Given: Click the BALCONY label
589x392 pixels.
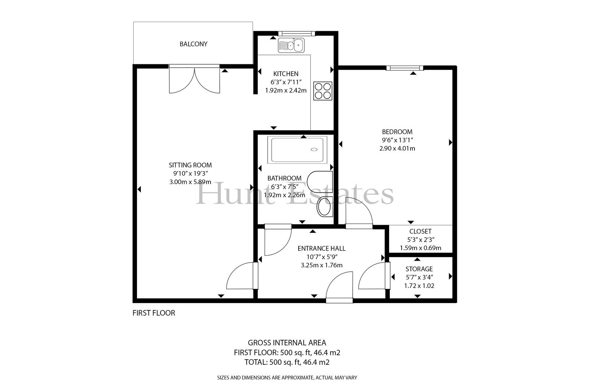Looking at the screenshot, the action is point(194,44).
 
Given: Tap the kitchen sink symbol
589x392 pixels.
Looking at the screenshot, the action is point(291,45).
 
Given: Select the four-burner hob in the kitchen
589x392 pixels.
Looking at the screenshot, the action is point(322,90).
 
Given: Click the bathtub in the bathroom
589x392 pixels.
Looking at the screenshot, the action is point(297,150).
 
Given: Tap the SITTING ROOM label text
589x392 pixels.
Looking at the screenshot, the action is point(190,165).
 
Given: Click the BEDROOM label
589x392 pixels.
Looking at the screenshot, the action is point(397,132).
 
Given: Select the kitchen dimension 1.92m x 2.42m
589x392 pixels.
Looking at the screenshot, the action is point(286,90).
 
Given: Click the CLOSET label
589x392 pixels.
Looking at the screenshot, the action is point(420,231).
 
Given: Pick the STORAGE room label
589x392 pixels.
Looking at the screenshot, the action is point(419,269).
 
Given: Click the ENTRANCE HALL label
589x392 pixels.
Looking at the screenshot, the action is point(322,248).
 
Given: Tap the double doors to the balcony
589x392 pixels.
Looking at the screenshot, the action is point(194,79).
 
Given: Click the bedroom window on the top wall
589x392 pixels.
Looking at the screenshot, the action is point(405,68).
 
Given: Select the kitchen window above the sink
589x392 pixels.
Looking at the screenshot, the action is point(297,33).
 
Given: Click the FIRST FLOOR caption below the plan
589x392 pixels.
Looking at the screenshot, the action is point(154,313).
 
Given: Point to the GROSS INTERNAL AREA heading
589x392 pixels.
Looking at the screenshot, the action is point(287,343).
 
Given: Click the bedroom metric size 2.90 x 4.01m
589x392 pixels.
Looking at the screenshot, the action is point(397,149).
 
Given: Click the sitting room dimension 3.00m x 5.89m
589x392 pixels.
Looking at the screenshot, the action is point(190,182).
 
